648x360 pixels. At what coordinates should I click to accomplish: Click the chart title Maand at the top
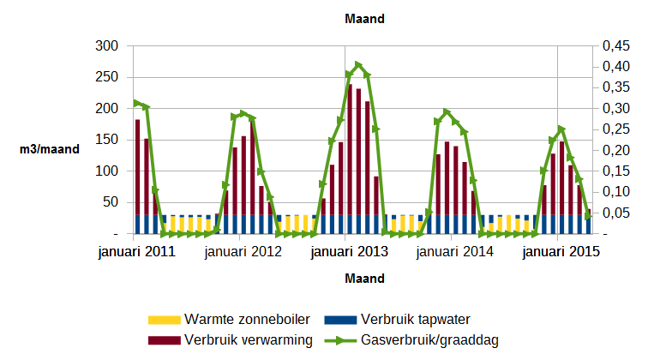coord(363,18)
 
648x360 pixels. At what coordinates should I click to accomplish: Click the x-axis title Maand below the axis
coord(363,279)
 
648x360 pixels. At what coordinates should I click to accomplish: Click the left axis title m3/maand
coord(49,149)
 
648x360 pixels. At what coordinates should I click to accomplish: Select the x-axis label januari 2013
coord(349,252)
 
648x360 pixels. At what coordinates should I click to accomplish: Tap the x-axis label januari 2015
coord(561,252)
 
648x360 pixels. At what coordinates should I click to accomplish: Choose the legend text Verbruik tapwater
coord(415,320)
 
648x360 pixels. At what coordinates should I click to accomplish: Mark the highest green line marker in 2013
coord(358,65)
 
